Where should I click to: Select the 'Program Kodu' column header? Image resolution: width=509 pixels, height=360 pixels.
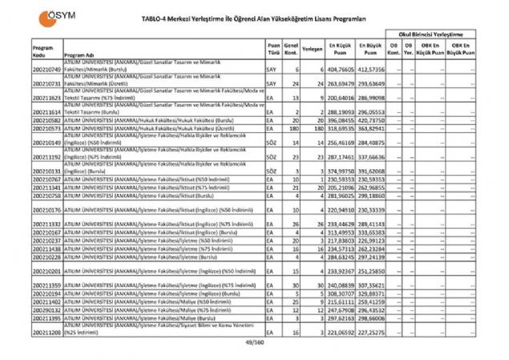[x=42, y=51]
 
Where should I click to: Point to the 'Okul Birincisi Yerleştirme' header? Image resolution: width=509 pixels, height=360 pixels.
[x=433, y=36]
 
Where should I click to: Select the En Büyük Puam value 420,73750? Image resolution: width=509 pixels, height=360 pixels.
[x=371, y=119]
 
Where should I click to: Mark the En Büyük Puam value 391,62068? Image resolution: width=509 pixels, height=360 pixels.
[x=371, y=172]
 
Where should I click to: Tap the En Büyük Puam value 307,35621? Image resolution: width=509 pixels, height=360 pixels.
[x=371, y=285]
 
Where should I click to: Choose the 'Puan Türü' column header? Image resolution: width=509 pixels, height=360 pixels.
[x=273, y=49]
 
